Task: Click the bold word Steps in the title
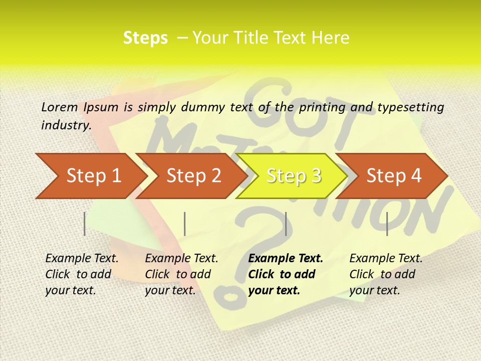145,38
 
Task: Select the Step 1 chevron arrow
90,176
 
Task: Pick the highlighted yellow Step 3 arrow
293,176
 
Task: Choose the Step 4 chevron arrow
394,176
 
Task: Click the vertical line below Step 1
85,224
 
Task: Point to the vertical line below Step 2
185,224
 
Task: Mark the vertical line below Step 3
286,224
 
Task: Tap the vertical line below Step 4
387,224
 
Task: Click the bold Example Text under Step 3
286,274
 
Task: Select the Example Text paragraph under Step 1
82,274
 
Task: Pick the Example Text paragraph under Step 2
181,274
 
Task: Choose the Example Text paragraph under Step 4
386,274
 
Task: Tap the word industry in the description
66,125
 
